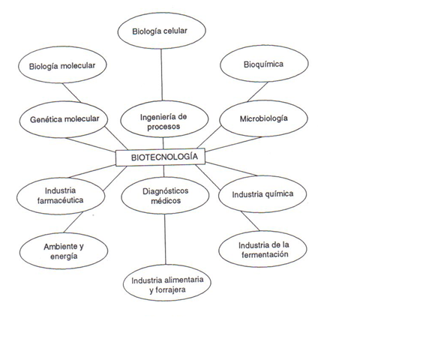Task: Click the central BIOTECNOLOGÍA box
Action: [160, 157]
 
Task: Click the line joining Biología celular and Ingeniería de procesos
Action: [161, 75]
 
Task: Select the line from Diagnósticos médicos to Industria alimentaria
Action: [165, 239]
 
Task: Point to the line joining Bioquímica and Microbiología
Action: [258, 91]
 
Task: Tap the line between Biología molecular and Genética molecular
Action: [71, 92]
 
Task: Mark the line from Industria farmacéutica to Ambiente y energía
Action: [73, 222]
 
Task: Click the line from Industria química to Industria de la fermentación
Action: [250, 221]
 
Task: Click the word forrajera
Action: [170, 290]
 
